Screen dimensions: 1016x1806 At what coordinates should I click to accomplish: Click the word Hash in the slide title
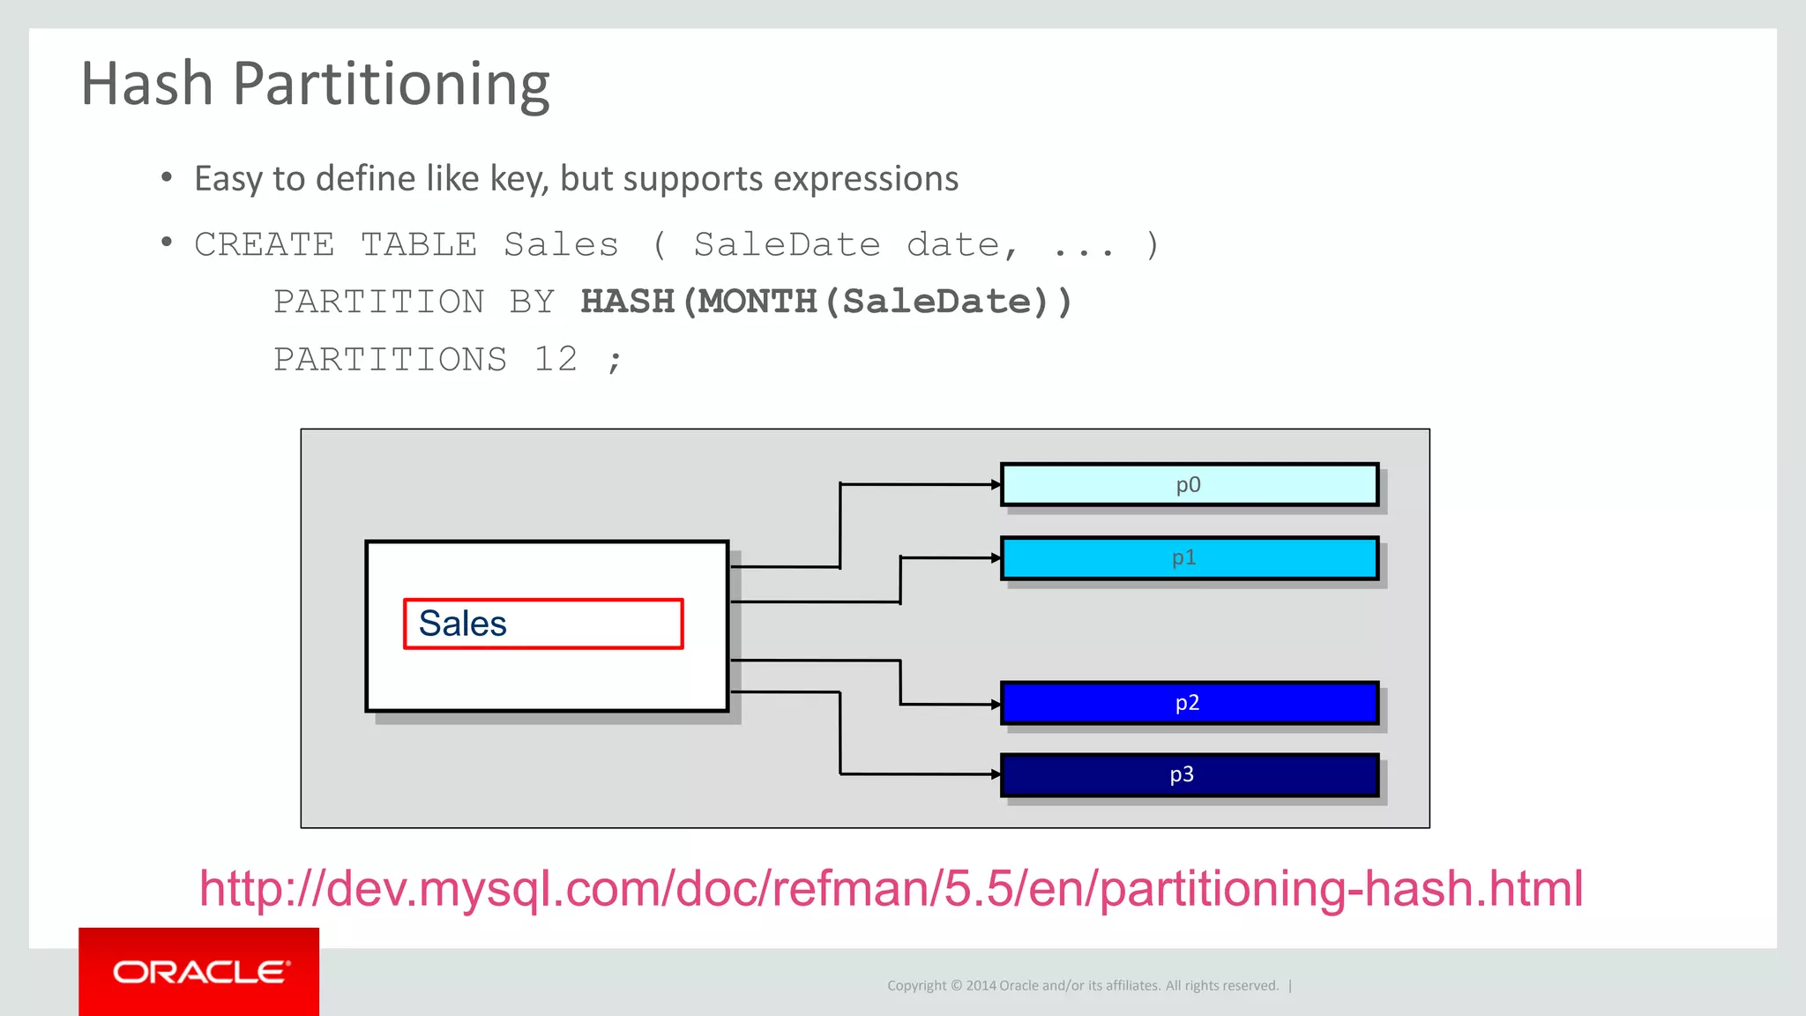(147, 84)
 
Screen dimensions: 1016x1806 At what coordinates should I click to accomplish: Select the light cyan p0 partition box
(1189, 484)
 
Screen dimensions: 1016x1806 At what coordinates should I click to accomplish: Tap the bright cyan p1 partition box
(1189, 557)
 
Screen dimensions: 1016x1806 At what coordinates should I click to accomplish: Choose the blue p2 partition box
(1189, 703)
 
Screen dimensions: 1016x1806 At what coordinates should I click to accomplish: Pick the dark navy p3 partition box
(1189, 774)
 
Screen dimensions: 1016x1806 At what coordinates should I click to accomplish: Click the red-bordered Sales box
(542, 624)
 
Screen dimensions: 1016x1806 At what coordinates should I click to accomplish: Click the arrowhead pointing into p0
(996, 484)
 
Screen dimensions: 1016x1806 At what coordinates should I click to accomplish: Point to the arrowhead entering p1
(996, 557)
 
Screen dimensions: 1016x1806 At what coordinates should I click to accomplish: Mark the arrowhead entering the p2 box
(996, 705)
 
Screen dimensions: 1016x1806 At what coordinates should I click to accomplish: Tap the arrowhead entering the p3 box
(996, 774)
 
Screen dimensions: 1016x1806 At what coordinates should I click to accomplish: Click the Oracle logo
(199, 972)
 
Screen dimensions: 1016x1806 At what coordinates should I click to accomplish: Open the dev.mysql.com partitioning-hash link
(891, 888)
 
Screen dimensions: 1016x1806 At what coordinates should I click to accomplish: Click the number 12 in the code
(556, 360)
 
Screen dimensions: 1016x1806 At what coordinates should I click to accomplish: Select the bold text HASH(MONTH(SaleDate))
(826, 302)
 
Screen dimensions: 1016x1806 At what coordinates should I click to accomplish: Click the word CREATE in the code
(264, 244)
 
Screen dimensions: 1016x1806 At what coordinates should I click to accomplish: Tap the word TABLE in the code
(419, 244)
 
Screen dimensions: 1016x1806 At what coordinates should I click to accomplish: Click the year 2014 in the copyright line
(981, 986)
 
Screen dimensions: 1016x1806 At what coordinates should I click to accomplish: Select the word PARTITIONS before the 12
(390, 360)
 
